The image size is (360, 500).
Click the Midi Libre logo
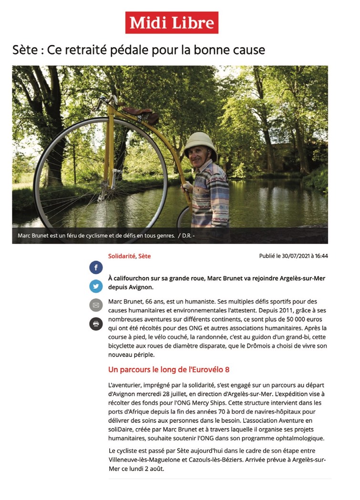tap(172, 22)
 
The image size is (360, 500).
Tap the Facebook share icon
tap(96, 267)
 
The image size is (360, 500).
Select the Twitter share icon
tap(96, 286)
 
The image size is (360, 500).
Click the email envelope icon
tap(96, 305)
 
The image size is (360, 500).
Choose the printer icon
tap(96, 324)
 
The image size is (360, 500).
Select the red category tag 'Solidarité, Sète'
tap(129, 256)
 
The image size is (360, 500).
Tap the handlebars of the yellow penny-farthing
tap(106, 101)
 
